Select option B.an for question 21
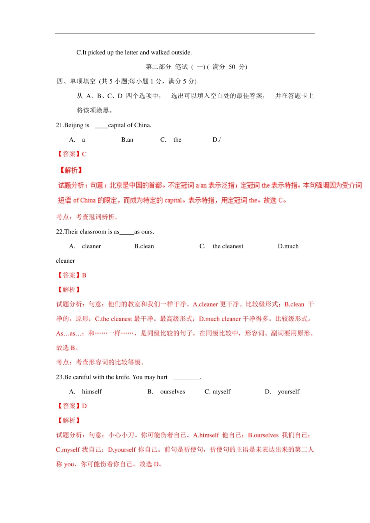(127, 140)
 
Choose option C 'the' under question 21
(177, 140)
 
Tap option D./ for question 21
(217, 140)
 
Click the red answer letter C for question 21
(84, 154)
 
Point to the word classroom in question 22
(93, 232)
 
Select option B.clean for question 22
(144, 246)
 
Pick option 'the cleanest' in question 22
(228, 246)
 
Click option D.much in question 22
(288, 246)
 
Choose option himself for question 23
(92, 391)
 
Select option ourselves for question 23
(173, 391)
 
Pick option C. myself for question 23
(218, 391)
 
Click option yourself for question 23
(289, 391)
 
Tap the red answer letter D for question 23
(85, 406)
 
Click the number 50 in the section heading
(232, 67)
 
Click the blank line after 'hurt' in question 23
(186, 377)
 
